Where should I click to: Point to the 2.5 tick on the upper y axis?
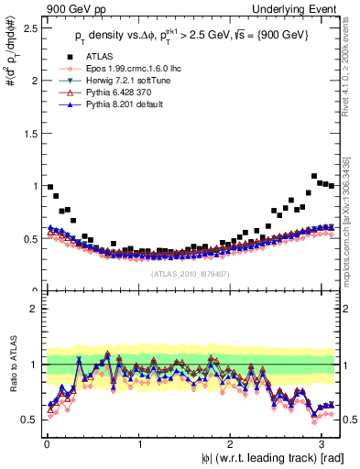[x=30, y=28]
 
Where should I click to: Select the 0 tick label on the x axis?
[x=46, y=442]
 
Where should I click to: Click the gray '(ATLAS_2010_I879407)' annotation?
[x=191, y=272]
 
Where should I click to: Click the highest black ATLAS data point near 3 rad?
[x=314, y=176]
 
